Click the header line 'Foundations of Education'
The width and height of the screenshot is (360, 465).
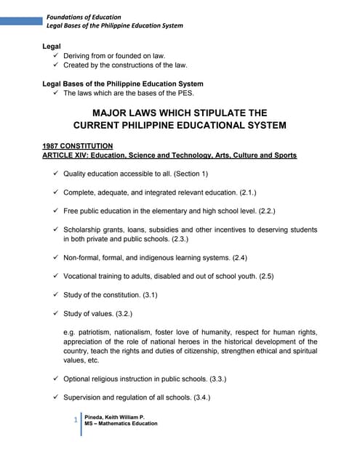click(84, 17)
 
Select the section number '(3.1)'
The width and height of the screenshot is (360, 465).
click(145, 295)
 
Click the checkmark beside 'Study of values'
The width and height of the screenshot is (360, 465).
click(56, 313)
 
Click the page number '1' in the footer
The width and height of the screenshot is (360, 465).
click(76, 420)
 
